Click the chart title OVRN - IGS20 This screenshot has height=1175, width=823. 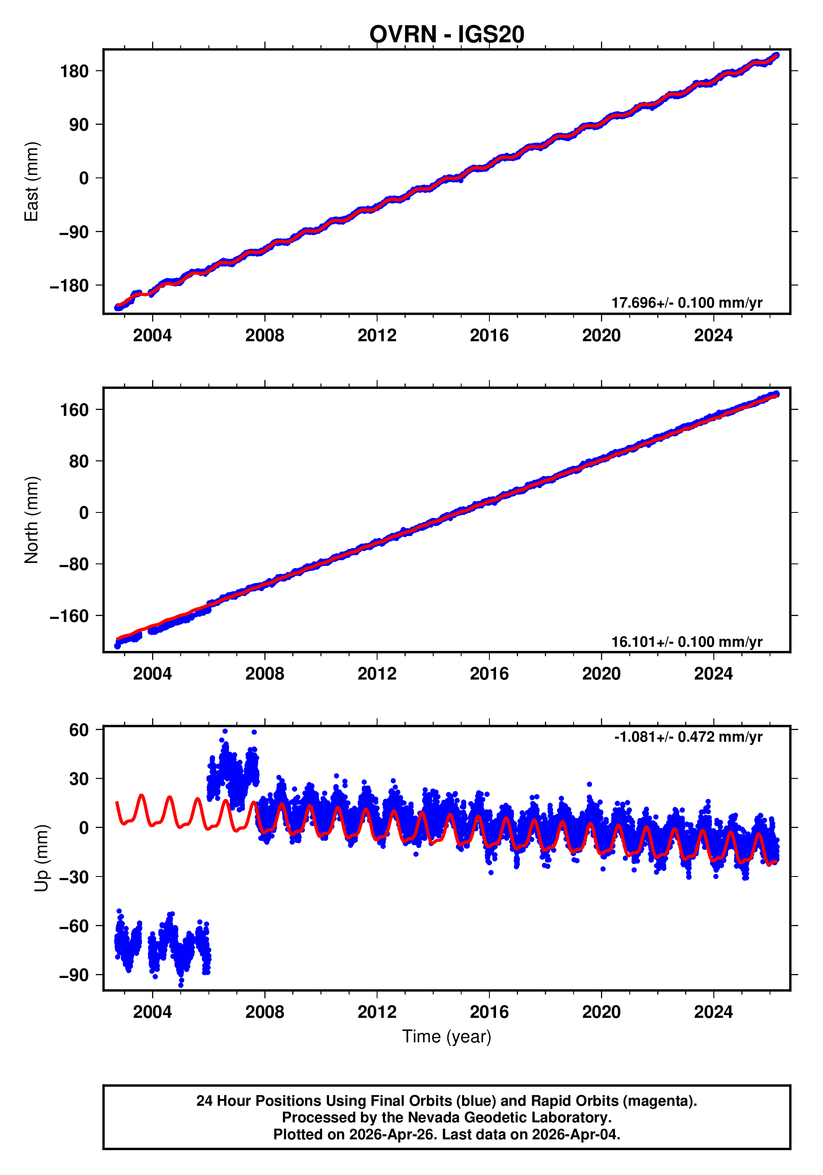(x=447, y=34)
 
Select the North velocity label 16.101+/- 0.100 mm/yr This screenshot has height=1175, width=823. (x=686, y=641)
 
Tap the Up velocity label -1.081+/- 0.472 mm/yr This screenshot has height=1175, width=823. (x=688, y=736)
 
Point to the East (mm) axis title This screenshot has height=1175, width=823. (x=32, y=182)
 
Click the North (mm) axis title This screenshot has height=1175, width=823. (x=32, y=520)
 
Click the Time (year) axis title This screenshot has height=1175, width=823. (x=447, y=1036)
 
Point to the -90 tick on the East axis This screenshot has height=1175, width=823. (x=74, y=232)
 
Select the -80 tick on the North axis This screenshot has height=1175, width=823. (x=74, y=564)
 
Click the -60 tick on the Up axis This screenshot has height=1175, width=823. (x=74, y=926)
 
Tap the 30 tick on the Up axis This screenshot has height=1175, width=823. (x=79, y=778)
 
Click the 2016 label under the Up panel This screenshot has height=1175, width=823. (x=489, y=1012)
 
